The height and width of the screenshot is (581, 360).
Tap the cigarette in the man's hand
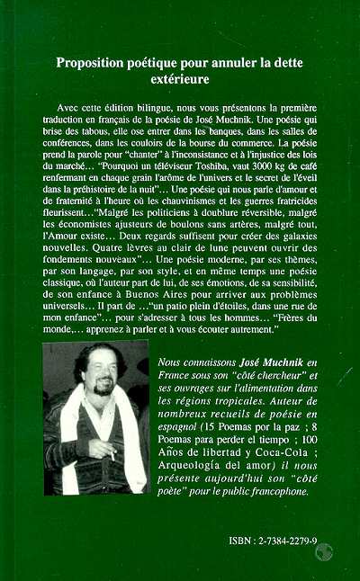[114, 455]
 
